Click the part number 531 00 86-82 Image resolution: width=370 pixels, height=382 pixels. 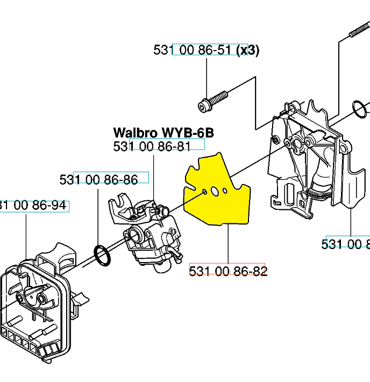pyautogui.click(x=228, y=271)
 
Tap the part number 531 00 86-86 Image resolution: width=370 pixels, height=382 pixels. pyautogui.click(x=98, y=179)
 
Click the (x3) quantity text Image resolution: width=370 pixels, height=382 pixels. pyautogui.click(x=248, y=50)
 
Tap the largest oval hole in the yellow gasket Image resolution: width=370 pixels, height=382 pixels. pyautogui.click(x=214, y=192)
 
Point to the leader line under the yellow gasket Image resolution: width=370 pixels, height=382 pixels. pyautogui.click(x=229, y=245)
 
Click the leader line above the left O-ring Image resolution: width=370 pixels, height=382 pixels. pyautogui.click(x=98, y=215)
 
